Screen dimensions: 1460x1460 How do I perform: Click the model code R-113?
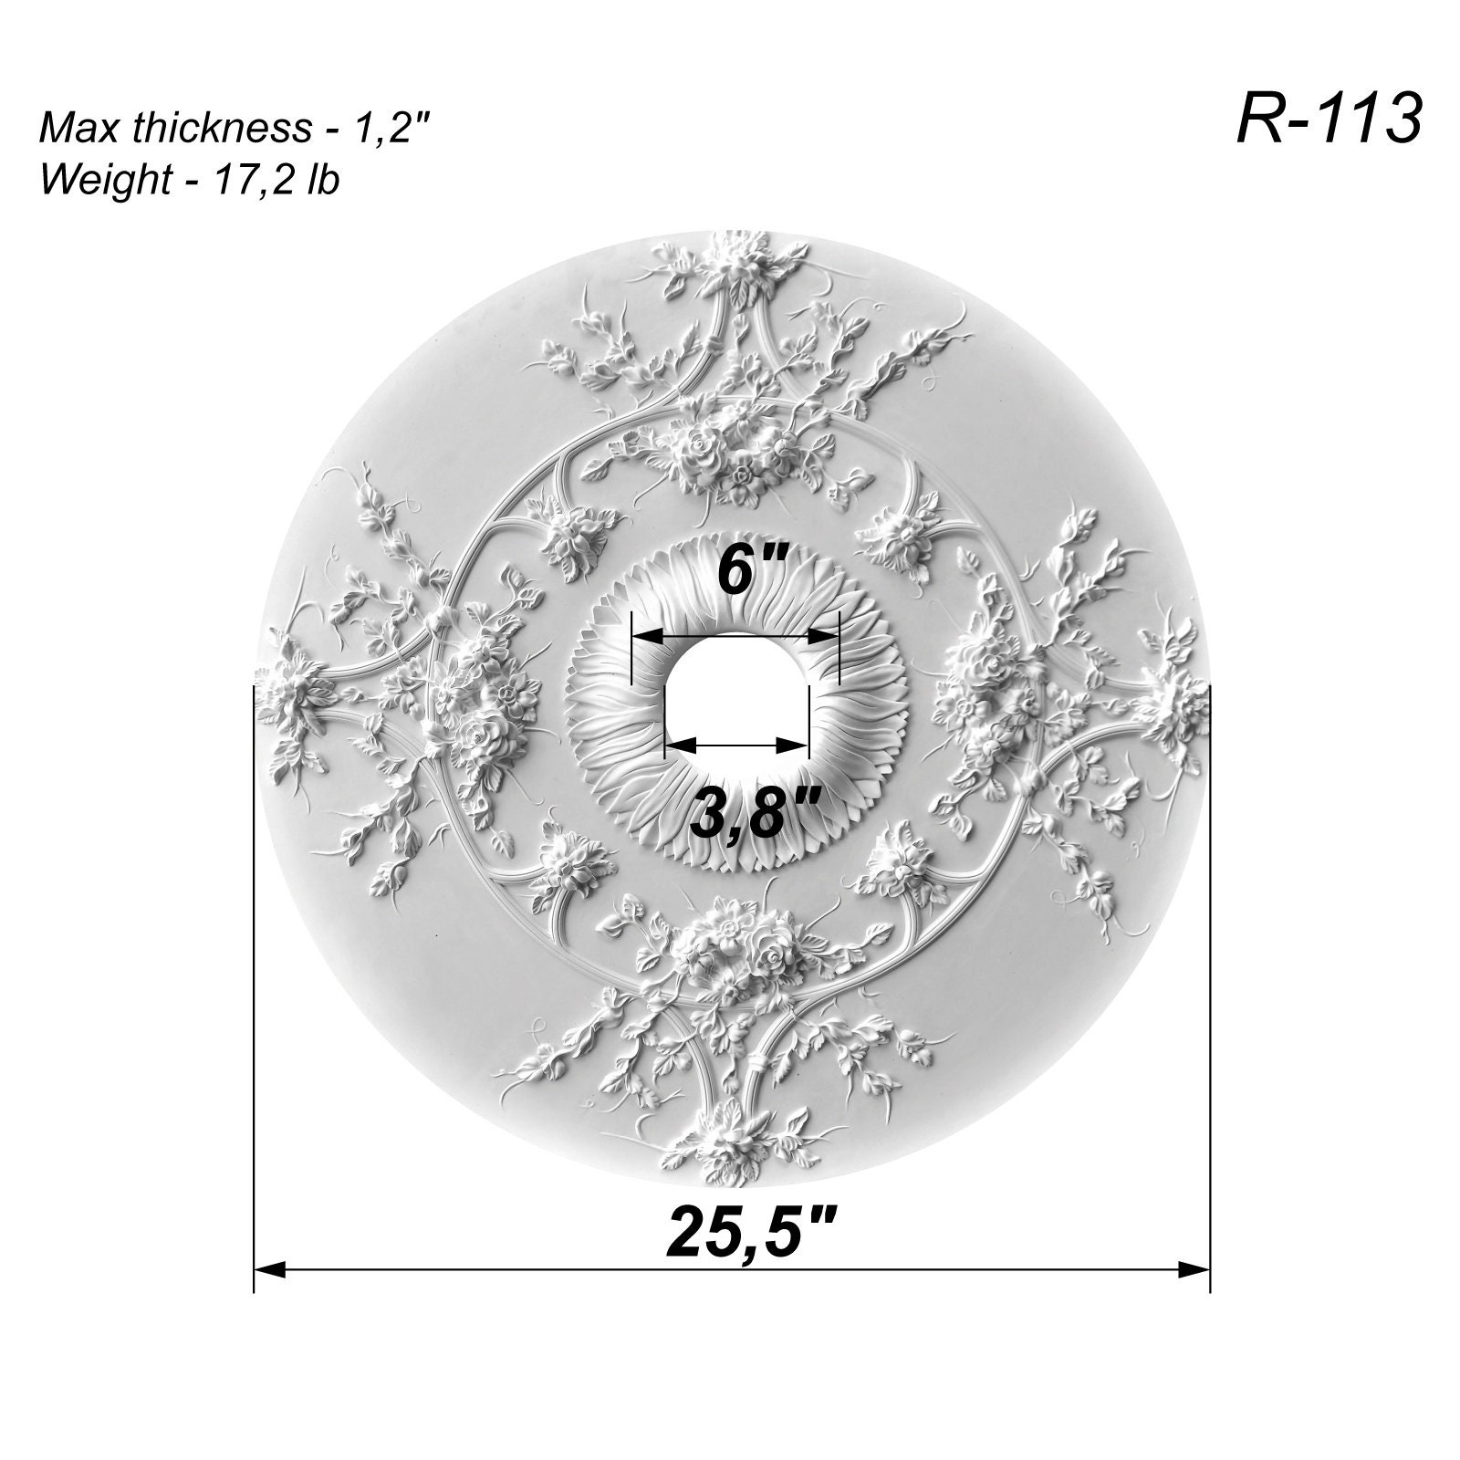coord(1329,120)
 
